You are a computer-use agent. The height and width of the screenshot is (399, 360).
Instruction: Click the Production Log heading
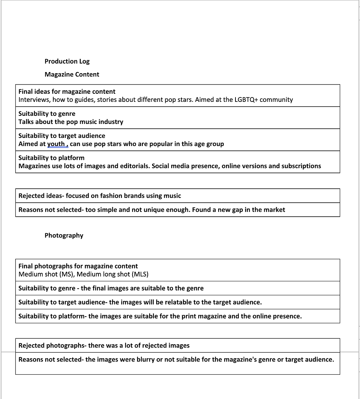pos(67,61)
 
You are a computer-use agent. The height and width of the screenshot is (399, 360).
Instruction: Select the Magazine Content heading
pos(72,74)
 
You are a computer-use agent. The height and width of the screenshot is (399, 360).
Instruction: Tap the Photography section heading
pos(64,235)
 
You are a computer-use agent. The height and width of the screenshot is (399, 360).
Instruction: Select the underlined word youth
pos(56,144)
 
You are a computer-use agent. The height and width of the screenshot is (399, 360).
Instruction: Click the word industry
pos(111,122)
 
